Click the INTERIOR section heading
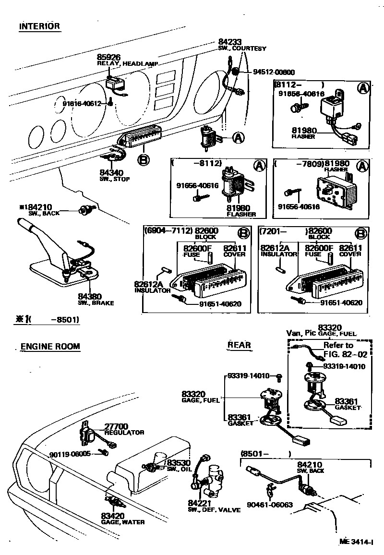[x=39, y=26]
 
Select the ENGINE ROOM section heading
[x=50, y=346]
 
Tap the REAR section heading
[x=239, y=345]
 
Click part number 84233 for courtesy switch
[x=230, y=42]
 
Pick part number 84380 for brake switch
[x=88, y=297]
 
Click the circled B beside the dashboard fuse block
[x=143, y=159]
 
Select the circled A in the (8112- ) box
[x=363, y=88]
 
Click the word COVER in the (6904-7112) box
[x=234, y=254]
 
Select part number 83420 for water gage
[x=113, y=516]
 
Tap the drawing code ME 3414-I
[x=356, y=541]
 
